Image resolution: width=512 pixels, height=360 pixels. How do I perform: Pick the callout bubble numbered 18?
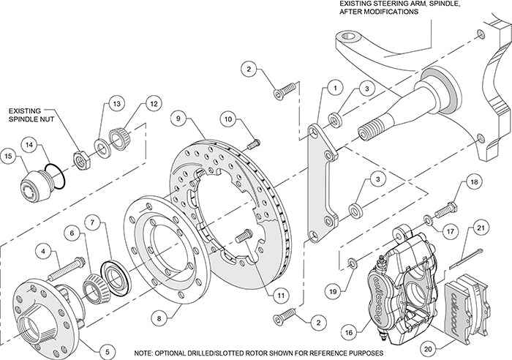coord(473,181)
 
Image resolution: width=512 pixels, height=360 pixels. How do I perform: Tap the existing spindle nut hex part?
coord(82,156)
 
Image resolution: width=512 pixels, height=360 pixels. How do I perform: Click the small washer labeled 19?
coord(353,260)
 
